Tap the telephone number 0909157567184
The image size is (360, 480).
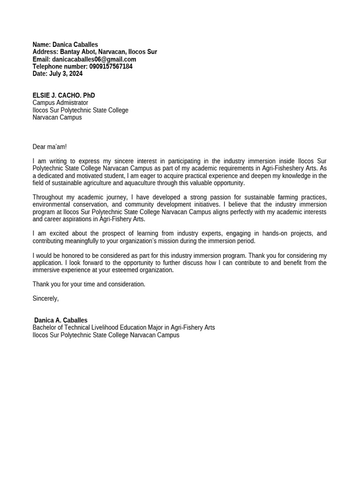coord(111,67)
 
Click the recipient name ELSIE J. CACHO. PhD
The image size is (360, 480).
coord(64,96)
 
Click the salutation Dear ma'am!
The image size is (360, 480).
coord(50,147)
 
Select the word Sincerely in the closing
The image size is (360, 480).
coord(45,298)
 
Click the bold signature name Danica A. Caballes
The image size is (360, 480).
coord(61,321)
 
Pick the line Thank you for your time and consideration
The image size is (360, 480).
coord(89,284)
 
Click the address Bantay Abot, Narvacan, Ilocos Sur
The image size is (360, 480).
coord(108,52)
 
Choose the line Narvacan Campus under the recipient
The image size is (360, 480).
coord(57,117)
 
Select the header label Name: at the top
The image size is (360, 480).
coord(41,45)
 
